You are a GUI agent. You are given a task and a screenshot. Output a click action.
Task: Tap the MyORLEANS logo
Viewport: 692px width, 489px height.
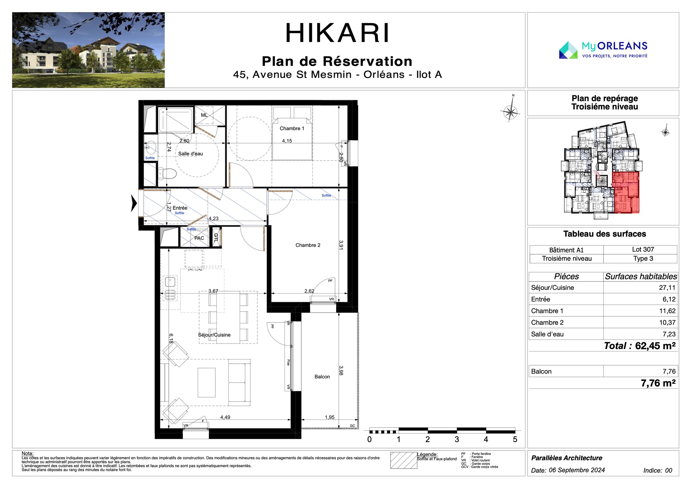603,50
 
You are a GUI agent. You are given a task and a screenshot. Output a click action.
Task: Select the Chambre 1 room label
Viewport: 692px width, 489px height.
292,128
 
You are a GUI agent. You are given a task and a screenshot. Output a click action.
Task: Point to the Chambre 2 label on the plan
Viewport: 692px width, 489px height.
308,245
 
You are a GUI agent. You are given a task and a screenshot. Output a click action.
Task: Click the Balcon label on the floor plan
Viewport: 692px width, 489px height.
322,377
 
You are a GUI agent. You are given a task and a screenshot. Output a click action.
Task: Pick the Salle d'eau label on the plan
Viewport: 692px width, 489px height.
191,154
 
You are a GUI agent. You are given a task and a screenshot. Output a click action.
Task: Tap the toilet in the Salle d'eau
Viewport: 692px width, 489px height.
167,173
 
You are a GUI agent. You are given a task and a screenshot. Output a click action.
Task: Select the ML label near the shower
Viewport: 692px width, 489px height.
204,115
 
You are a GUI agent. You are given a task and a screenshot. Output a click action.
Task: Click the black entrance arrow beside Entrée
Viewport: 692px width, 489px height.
134,203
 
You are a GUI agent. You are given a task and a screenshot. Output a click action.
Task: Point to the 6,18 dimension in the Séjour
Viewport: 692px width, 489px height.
171,338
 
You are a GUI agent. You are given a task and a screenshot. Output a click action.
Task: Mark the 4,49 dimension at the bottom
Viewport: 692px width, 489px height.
225,417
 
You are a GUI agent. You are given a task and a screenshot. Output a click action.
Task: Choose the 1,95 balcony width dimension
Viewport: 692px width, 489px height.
329,417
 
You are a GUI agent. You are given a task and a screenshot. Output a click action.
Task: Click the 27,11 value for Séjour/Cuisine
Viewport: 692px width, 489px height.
667,288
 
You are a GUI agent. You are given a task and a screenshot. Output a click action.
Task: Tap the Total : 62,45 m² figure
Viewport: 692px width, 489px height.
640,346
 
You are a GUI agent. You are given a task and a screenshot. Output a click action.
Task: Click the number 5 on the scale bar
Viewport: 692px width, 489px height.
515,440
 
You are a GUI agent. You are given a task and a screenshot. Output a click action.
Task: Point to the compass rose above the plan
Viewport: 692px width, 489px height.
510,113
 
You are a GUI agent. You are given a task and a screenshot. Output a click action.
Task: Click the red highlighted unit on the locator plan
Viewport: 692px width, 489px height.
626,192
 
